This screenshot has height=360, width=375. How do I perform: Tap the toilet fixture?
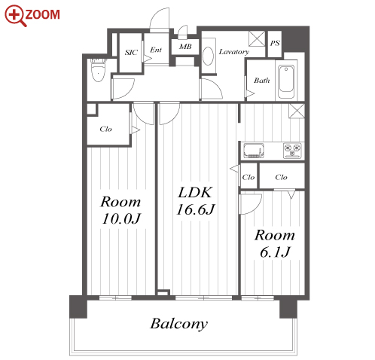tap(98, 70)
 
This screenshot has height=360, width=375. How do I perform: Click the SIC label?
tap(131, 53)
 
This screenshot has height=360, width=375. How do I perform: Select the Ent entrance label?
tap(156, 50)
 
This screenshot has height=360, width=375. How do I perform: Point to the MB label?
tap(185, 47)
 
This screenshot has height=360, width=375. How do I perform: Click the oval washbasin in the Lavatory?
tap(208, 56)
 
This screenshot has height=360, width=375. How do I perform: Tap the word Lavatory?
tap(233, 52)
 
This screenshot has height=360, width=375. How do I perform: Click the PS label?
tap(275, 43)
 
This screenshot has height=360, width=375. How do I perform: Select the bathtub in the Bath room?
tap(286, 80)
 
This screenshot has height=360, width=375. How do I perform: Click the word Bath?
tap(262, 81)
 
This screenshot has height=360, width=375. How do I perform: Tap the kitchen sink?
tap(254, 151)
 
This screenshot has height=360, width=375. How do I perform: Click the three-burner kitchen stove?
tap(292, 151)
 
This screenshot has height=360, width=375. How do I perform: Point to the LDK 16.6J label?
tap(196, 201)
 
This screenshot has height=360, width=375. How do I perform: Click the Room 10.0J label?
tap(121, 210)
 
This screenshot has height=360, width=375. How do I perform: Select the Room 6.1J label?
tap(275, 243)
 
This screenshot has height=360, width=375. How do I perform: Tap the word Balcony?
tap(179, 324)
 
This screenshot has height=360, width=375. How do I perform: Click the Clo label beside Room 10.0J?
tap(105, 129)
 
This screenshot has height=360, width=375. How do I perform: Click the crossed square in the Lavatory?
tap(257, 39)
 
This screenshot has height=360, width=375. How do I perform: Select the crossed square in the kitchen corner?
tap(297, 111)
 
